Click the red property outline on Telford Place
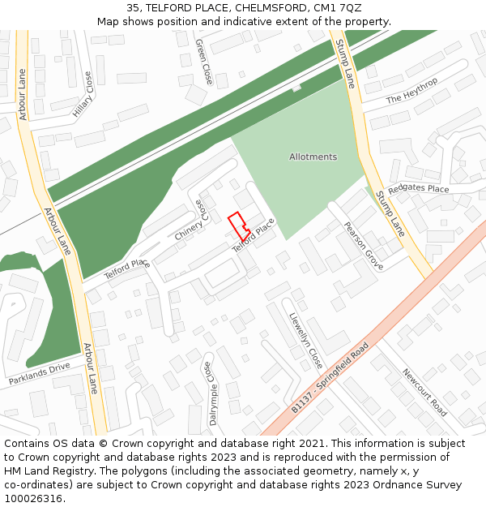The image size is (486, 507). coord(238,225)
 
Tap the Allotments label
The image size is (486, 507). coord(313,157)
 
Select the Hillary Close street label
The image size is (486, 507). coord(83,95)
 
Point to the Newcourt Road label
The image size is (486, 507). coord(424,392)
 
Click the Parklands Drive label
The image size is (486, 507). coord(40,374)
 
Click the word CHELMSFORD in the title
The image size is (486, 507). coord(261,8)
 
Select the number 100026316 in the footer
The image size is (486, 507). coord(32,498)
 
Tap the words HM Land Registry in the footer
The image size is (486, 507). coord(42,470)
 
